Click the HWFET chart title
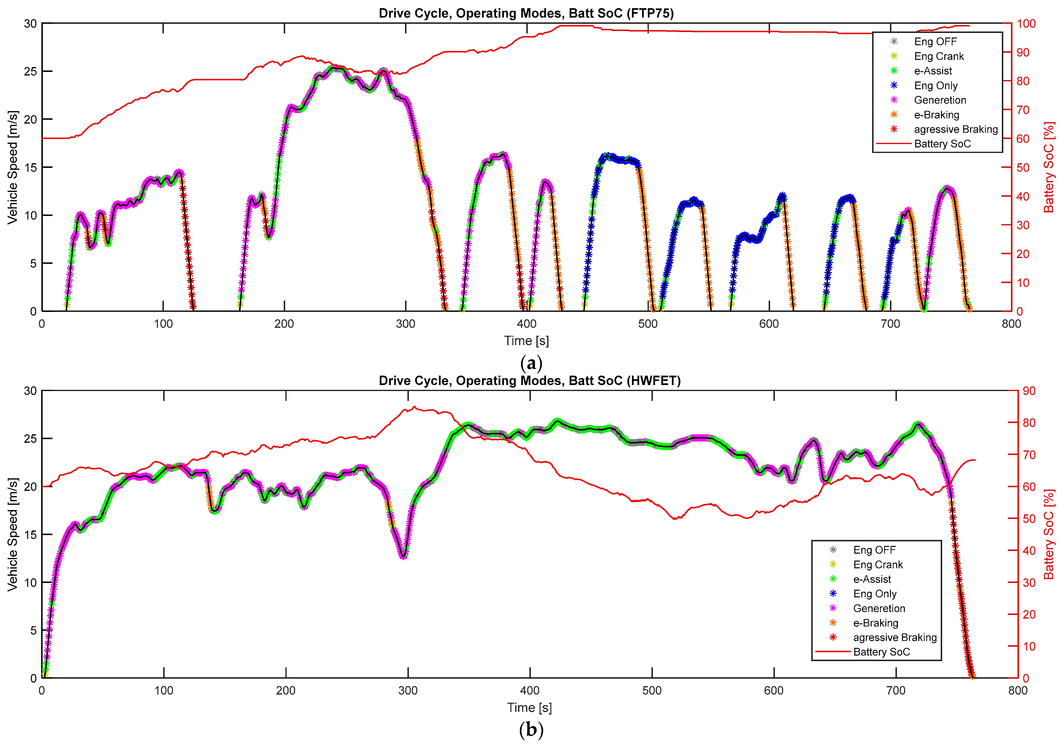pos(530,380)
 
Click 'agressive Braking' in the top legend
pos(956,129)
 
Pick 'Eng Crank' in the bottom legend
pos(877,564)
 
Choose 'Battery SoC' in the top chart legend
pos(942,144)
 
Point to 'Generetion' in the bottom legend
pos(879,608)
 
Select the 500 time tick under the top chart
pos(648,323)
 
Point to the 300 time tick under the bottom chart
pos(407,690)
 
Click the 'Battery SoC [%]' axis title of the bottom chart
pos(1049,534)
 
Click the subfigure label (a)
pos(531,363)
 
